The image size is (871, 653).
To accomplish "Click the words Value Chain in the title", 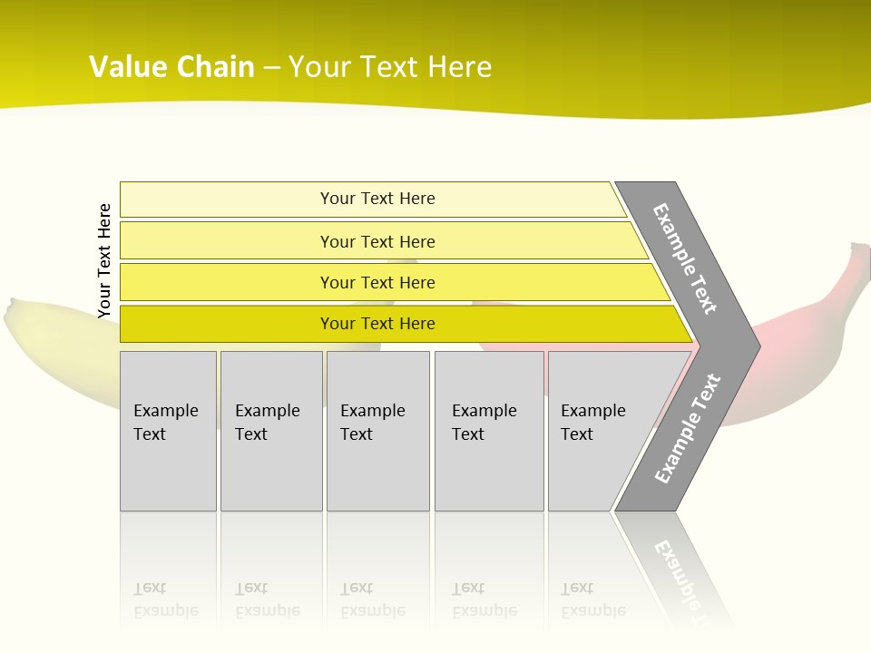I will click(x=171, y=67).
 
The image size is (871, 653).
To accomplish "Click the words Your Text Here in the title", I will click(x=390, y=67).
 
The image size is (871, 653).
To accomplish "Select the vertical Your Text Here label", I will click(x=104, y=260).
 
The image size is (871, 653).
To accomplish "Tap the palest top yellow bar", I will click(x=377, y=199).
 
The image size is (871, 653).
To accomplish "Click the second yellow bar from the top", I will click(x=377, y=241).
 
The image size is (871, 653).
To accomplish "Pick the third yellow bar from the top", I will click(x=377, y=282).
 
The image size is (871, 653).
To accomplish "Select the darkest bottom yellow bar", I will click(x=377, y=324).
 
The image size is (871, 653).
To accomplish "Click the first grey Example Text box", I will click(x=168, y=431).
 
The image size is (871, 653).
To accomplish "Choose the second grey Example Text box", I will click(x=270, y=431).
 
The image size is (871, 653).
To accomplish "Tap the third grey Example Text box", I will click(x=377, y=431).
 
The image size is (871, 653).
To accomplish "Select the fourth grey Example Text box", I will click(x=488, y=431).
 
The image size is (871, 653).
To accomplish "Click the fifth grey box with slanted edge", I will click(x=599, y=431).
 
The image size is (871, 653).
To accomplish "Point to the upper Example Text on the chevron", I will click(x=686, y=258).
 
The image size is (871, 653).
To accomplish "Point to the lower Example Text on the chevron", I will click(x=688, y=429).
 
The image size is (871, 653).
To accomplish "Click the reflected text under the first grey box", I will click(x=166, y=599).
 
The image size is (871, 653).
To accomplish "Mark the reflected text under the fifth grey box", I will click(x=592, y=599).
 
